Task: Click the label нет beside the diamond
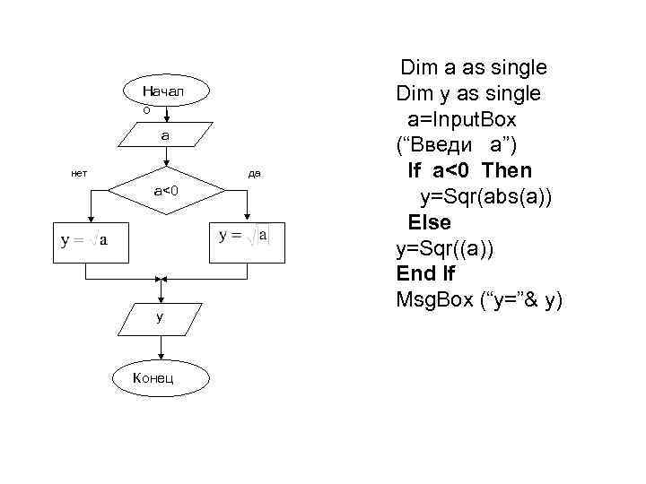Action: (79, 172)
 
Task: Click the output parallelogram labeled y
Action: (160, 316)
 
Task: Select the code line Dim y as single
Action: (467, 94)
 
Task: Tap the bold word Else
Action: (431, 222)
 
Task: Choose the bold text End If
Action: (425, 273)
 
